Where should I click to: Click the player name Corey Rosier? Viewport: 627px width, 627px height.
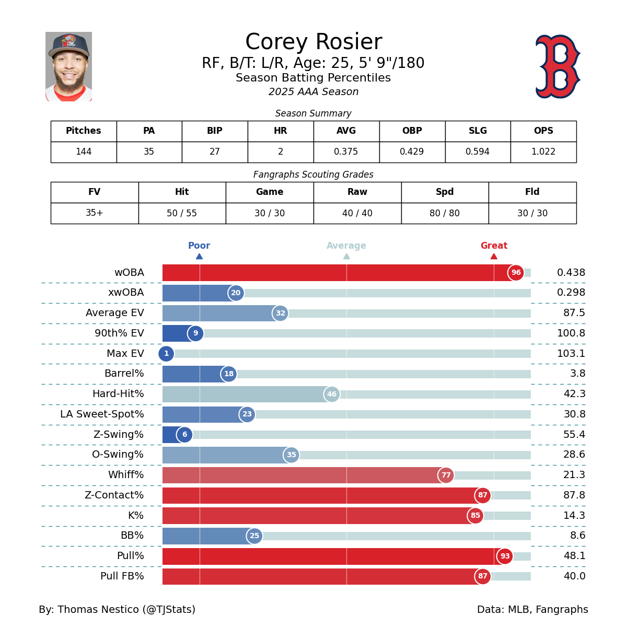[313, 42]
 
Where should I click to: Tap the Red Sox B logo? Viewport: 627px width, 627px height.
[558, 66]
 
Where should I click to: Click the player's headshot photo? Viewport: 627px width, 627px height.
[68, 66]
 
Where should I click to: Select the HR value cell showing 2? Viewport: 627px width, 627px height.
[281, 152]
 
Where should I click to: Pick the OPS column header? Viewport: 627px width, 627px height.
[543, 131]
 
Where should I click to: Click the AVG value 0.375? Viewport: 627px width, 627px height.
[346, 152]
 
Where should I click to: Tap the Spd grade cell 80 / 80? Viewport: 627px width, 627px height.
[445, 213]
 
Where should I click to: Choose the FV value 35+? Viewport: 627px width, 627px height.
[95, 213]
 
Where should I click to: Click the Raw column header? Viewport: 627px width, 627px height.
[357, 192]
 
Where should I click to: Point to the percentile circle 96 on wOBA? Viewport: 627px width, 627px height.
[516, 273]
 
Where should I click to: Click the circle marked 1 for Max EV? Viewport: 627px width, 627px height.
[166, 354]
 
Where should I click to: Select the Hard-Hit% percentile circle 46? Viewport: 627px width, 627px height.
[332, 394]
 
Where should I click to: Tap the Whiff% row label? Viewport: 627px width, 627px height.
[126, 475]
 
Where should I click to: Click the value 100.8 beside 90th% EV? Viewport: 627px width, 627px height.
[571, 333]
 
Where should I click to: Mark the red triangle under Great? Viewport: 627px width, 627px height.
[494, 256]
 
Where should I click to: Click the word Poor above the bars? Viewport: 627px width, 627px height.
[199, 246]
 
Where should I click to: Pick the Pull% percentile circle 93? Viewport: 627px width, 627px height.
[505, 556]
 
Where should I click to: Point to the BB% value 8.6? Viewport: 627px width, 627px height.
[577, 536]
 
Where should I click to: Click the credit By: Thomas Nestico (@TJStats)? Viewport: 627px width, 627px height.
[117, 610]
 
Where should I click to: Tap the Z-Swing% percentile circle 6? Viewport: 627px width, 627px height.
[184, 435]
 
